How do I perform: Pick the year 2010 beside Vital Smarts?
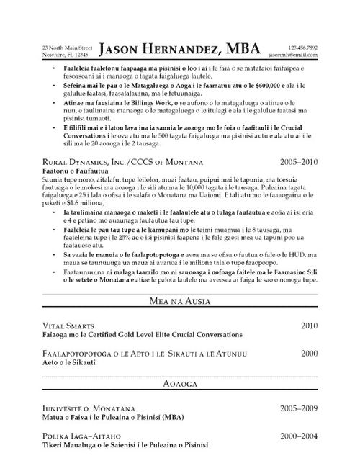point(309,326)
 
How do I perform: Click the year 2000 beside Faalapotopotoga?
point(309,354)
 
